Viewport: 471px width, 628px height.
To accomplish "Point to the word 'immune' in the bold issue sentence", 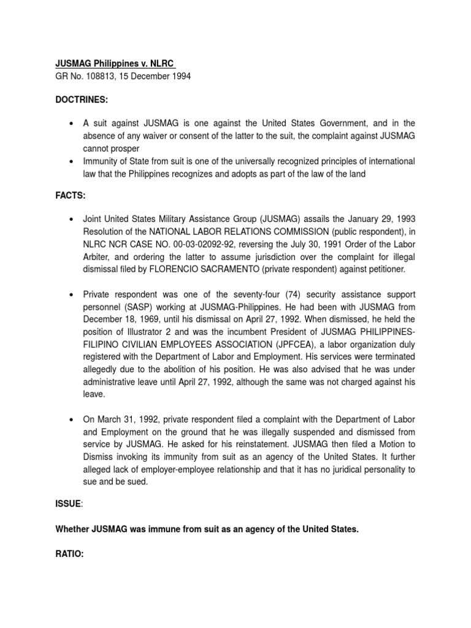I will (166, 528).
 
